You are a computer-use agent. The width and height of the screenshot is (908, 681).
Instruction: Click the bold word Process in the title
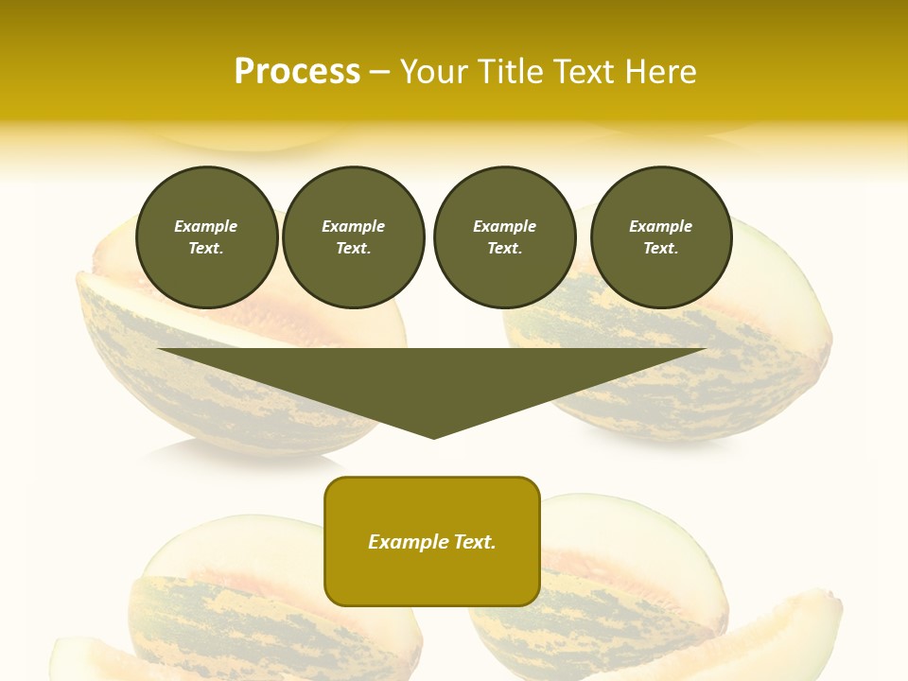tap(297, 72)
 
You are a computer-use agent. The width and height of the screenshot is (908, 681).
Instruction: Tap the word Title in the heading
tap(511, 72)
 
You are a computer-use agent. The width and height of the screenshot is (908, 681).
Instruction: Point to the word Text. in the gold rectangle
tap(475, 542)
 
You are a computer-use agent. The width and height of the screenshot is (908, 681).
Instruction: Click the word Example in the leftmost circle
tap(206, 226)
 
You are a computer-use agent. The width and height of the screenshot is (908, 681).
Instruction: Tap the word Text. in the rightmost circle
tap(661, 249)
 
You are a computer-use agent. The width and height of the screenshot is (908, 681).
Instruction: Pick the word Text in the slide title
tap(584, 72)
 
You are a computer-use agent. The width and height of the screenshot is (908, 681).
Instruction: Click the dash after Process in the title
tap(379, 73)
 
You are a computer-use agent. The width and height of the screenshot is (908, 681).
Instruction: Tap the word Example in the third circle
tap(504, 226)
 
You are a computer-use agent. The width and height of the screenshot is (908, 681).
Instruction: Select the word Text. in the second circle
tap(353, 249)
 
